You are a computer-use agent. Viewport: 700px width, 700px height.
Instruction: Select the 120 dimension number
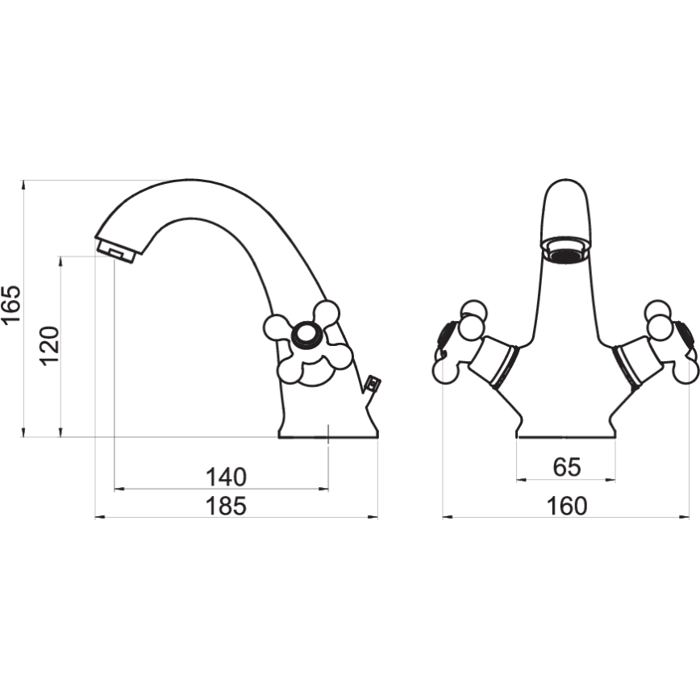49,346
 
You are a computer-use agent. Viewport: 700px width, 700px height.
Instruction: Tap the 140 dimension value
226,477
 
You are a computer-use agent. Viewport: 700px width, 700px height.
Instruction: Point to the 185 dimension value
226,506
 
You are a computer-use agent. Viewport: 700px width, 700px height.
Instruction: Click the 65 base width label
566,467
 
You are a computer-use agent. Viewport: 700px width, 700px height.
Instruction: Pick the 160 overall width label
566,506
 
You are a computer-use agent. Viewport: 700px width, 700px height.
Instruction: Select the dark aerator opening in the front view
567,256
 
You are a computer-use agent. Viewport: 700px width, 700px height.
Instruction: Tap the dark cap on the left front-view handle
448,332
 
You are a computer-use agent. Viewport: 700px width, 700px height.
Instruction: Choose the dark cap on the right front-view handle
686,332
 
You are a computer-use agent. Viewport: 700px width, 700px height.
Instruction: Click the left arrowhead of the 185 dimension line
101,518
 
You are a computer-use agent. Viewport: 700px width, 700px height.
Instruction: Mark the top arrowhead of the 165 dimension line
23,185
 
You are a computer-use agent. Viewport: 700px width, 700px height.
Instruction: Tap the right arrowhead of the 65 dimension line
610,480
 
